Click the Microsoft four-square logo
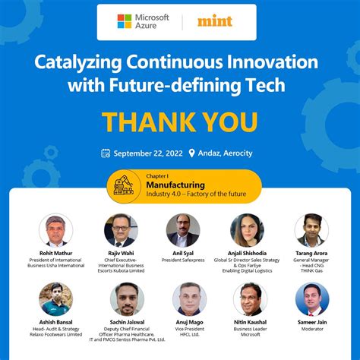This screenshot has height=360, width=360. pos(125,21)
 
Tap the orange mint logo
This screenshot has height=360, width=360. pos(215,21)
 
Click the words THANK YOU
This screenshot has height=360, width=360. pos(179,122)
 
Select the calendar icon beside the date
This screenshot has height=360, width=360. pos(106,153)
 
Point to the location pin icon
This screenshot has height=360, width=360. pos(192,153)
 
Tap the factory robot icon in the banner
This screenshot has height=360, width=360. pos(122,187)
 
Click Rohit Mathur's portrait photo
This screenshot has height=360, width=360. pos(55,230)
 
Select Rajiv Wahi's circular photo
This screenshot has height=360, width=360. pos(121,230)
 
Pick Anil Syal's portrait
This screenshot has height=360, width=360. pos(183,230)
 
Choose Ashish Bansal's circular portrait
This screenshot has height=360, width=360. pos(55,299)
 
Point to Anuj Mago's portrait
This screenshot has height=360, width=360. pos(188,299)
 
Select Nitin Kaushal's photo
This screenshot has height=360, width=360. pos(251,299)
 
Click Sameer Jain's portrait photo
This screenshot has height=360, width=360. pos(312,299)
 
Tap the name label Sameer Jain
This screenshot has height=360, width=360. pos(312,322)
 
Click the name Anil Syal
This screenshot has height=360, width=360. pos(183,253)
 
